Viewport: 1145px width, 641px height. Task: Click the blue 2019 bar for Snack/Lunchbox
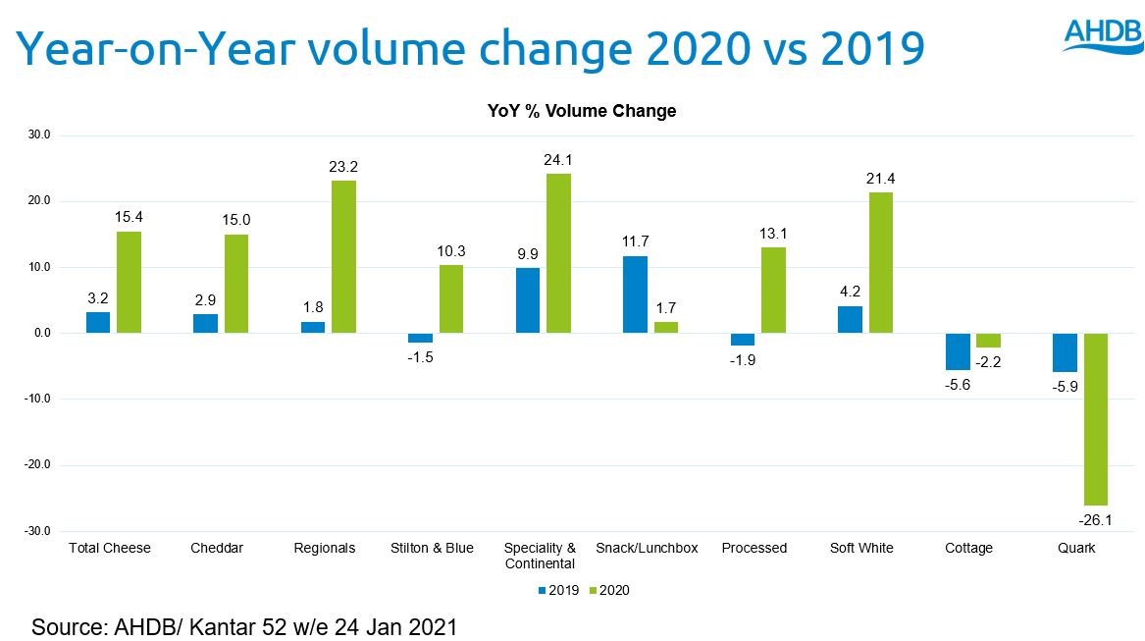[x=635, y=294]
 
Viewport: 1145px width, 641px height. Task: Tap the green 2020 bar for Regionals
[x=343, y=257]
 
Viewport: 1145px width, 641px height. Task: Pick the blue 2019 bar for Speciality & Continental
[x=528, y=300]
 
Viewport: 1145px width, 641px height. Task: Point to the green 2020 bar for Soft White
[x=880, y=263]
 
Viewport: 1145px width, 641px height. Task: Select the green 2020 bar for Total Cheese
[x=130, y=283]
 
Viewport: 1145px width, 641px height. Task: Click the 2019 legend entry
[x=560, y=591]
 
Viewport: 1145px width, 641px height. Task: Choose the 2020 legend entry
[x=609, y=591]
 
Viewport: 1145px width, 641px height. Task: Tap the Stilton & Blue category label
[x=432, y=548]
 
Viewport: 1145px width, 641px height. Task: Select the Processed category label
[x=754, y=548]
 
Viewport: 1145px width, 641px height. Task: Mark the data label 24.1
[x=558, y=160]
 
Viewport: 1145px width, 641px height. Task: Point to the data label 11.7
[x=635, y=241]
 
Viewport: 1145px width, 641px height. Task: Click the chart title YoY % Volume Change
[x=582, y=111]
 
